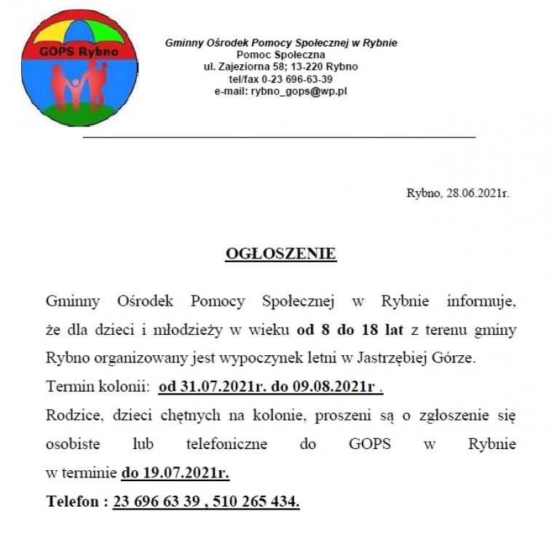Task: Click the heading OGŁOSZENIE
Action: (281, 253)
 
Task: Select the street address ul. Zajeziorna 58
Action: (244, 67)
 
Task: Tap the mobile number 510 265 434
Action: (257, 501)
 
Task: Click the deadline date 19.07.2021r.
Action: (175, 473)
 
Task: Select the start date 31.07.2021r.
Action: (205, 386)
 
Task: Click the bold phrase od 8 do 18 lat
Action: (350, 330)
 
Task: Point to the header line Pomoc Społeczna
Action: (281, 55)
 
